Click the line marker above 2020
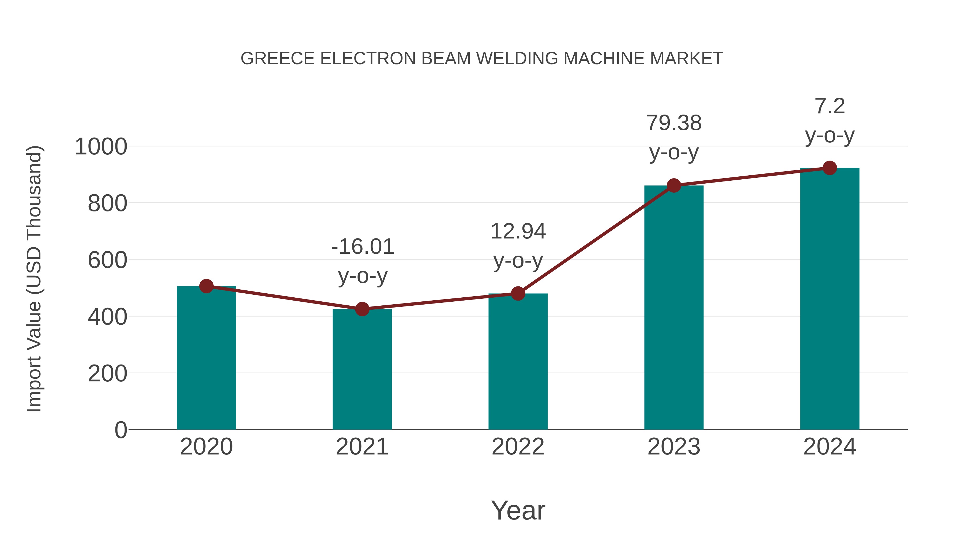(x=206, y=286)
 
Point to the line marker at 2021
(x=362, y=309)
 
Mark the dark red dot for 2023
(x=674, y=185)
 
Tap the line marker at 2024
(x=830, y=168)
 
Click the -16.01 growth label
(x=363, y=247)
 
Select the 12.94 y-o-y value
(x=518, y=231)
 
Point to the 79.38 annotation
(x=674, y=123)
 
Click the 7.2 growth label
(x=830, y=106)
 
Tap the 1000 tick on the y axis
(x=101, y=147)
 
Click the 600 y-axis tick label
(x=107, y=260)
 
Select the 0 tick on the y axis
(x=120, y=430)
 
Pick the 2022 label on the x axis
(x=518, y=447)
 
